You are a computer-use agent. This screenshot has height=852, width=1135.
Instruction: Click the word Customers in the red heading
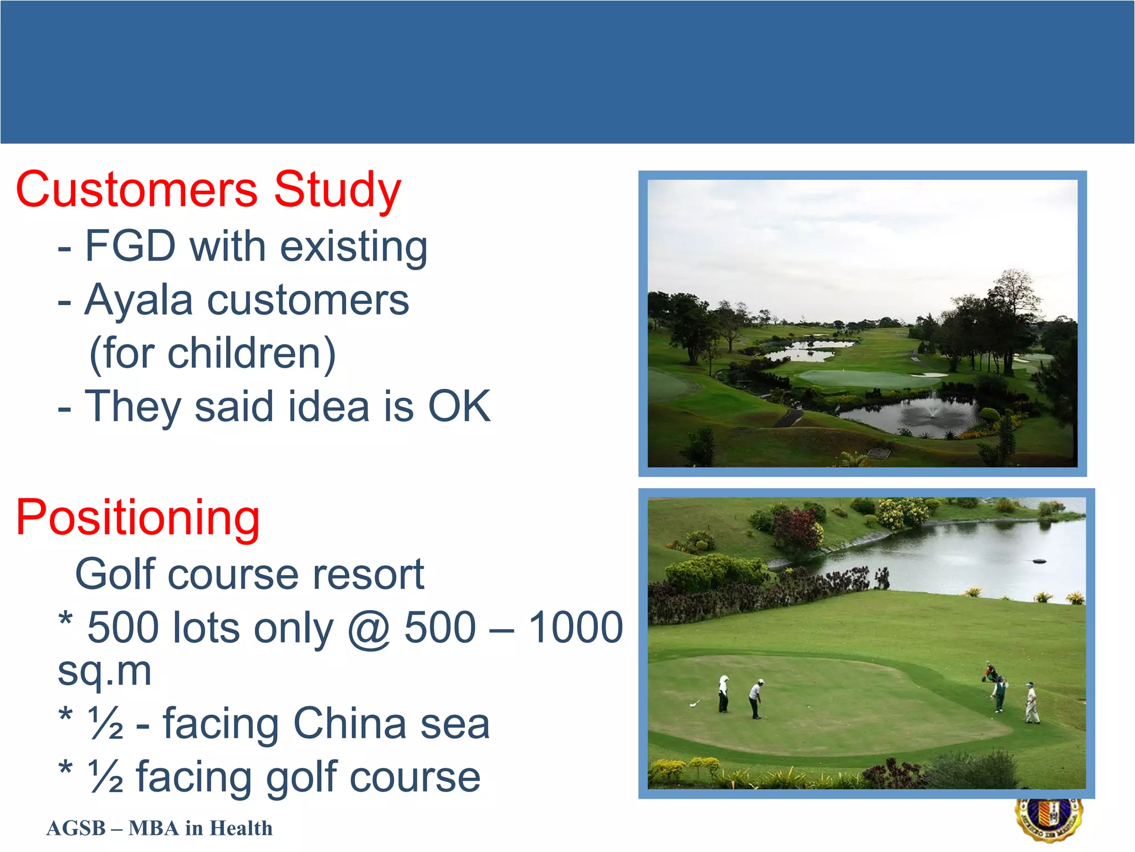click(136, 190)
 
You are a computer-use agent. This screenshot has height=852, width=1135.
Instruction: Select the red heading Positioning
click(137, 517)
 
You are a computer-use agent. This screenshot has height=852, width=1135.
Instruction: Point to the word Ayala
click(138, 300)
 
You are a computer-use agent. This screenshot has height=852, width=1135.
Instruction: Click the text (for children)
click(212, 353)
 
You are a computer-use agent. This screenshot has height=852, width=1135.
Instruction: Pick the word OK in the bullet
click(459, 406)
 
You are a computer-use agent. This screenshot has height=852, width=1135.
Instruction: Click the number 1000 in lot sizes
click(576, 627)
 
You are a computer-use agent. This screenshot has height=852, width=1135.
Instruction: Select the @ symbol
click(369, 628)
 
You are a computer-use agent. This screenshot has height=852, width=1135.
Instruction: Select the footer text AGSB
click(76, 828)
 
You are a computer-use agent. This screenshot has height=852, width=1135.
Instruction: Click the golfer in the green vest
click(999, 694)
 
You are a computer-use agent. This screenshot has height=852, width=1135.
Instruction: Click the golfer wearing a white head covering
click(723, 693)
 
